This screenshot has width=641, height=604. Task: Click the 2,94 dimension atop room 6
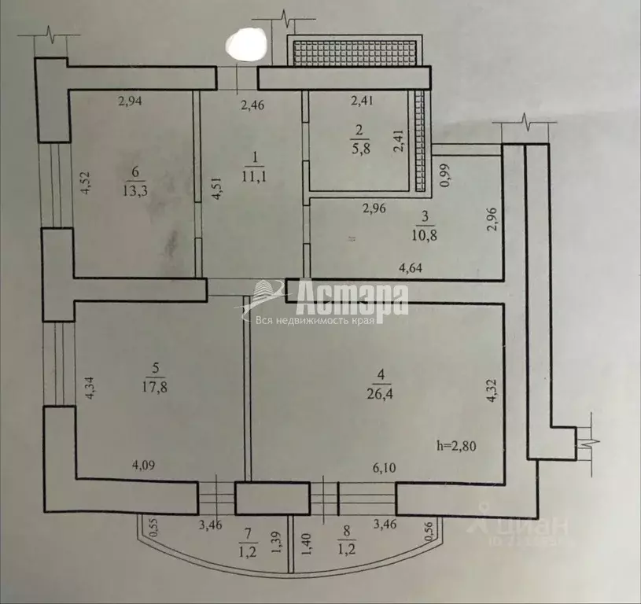coord(132,100)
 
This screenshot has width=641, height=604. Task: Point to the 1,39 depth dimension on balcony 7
coord(275,543)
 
